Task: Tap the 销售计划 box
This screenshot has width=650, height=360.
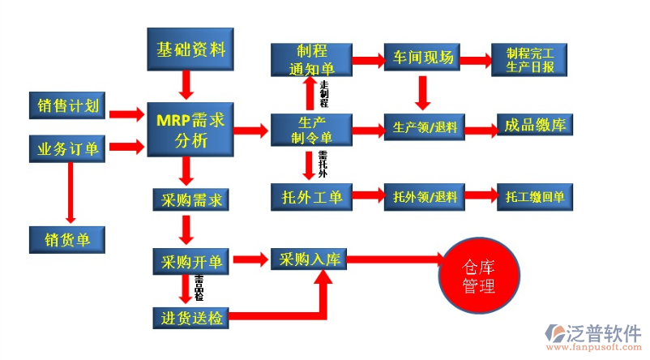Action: (68, 105)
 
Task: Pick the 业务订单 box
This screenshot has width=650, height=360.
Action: (68, 148)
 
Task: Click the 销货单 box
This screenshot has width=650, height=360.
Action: (68, 239)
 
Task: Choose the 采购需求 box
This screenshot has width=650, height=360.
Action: (188, 199)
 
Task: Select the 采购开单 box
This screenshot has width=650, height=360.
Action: (188, 261)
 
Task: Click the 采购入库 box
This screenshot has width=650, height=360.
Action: (310, 259)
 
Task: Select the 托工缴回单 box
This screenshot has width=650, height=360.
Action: (534, 197)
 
